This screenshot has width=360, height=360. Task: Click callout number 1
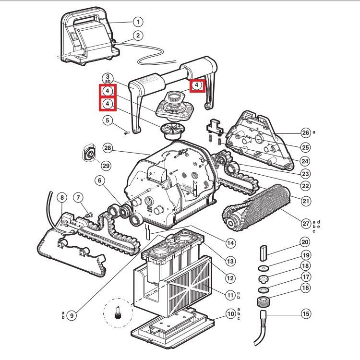(138, 22)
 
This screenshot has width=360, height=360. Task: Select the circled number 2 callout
(138, 35)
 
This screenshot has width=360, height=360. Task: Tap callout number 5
(108, 120)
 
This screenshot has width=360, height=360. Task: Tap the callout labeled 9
(72, 315)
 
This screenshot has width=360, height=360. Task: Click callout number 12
(230, 278)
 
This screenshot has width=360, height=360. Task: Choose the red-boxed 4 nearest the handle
(197, 85)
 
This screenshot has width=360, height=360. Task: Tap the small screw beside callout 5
(126, 133)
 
